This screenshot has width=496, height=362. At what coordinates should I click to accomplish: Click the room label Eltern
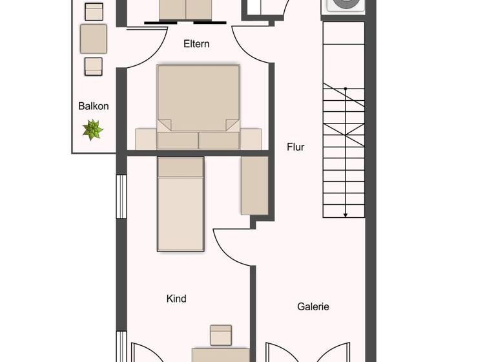tap(196, 44)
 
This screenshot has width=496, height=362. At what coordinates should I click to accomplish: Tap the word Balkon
tap(94, 106)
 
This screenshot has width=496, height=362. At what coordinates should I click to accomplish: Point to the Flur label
tap(295, 147)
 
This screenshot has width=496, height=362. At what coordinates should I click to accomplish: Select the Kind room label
tap(176, 298)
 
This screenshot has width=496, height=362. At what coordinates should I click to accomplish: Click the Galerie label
tap(313, 306)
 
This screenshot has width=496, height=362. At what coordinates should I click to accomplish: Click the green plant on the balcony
tap(93, 129)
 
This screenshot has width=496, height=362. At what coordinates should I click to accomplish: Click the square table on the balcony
tap(94, 38)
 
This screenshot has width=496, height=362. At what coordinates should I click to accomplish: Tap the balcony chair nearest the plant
tap(94, 66)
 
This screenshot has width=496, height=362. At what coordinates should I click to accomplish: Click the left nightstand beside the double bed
tap(146, 139)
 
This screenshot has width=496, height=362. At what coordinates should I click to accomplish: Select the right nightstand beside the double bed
tap(251, 139)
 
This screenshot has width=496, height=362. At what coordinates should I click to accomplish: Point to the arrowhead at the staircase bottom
tap(346, 214)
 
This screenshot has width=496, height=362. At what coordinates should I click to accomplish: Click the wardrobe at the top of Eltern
tap(185, 9)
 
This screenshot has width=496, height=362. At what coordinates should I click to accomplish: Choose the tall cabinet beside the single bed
tap(254, 186)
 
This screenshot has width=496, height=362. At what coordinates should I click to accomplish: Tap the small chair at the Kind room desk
tap(221, 335)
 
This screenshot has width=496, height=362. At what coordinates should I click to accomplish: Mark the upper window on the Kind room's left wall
tap(121, 197)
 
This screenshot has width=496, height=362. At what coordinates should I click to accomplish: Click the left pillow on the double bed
tap(178, 140)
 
